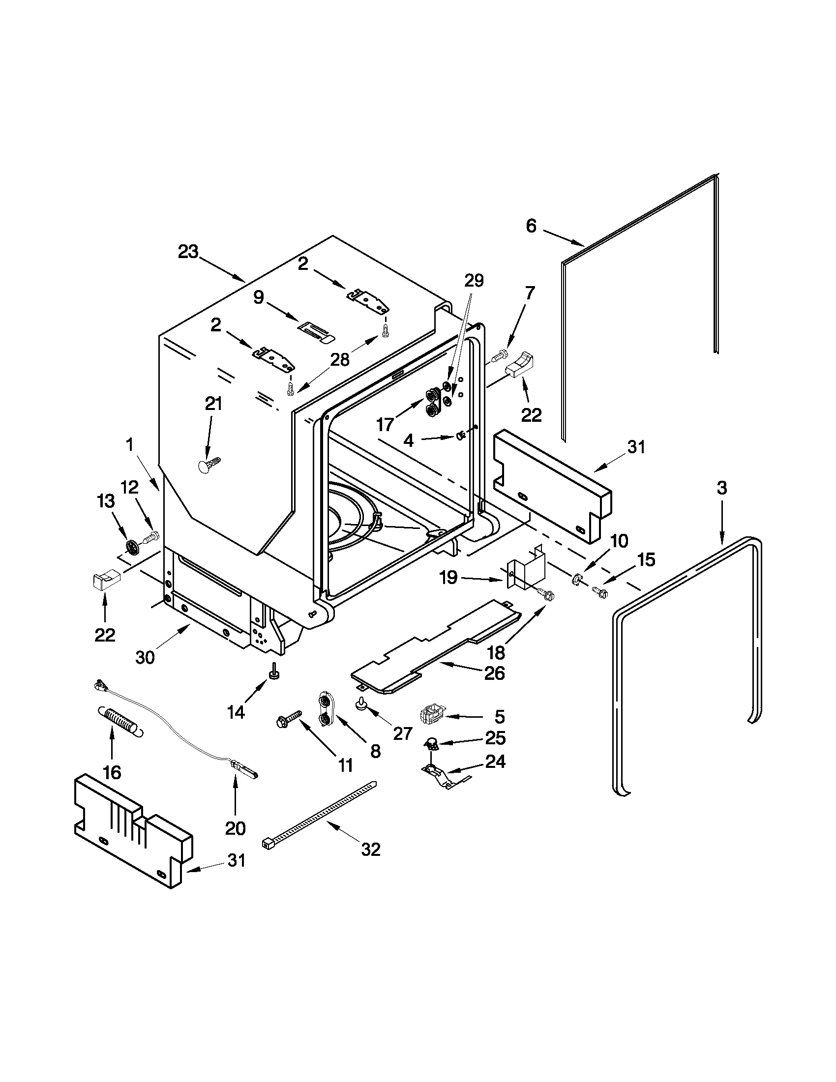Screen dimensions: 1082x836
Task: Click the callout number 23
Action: (x=188, y=252)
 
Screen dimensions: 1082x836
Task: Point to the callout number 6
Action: (x=531, y=227)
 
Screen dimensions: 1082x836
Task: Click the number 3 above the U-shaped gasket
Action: (x=721, y=488)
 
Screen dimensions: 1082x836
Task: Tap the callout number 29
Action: (x=473, y=281)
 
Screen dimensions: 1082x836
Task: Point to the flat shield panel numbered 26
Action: (x=436, y=645)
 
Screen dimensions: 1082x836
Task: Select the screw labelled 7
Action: (x=499, y=355)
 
